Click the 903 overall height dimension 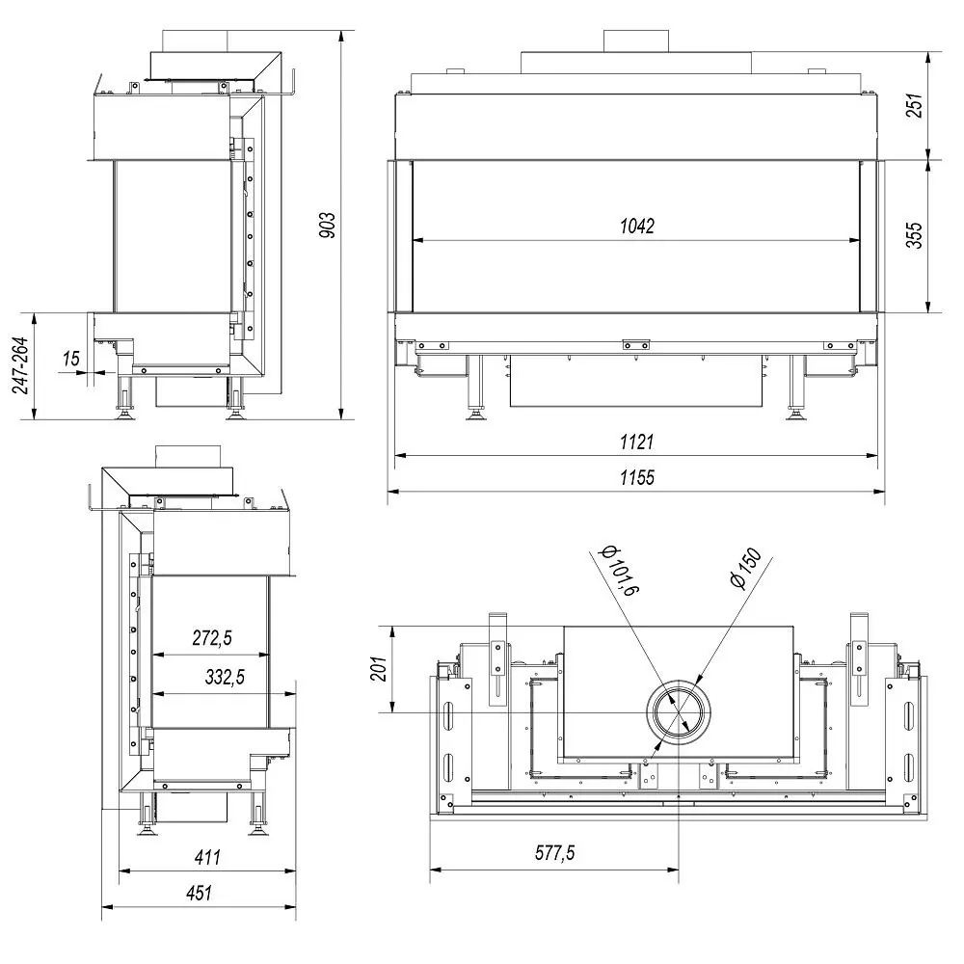(329, 225)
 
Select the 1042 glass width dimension (637, 227)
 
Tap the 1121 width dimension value (637, 442)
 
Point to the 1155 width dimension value (637, 477)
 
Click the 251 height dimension (915, 105)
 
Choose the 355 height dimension (915, 235)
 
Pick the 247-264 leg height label (20, 365)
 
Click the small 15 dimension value (70, 358)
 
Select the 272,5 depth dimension (212, 637)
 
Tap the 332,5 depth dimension (225, 677)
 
